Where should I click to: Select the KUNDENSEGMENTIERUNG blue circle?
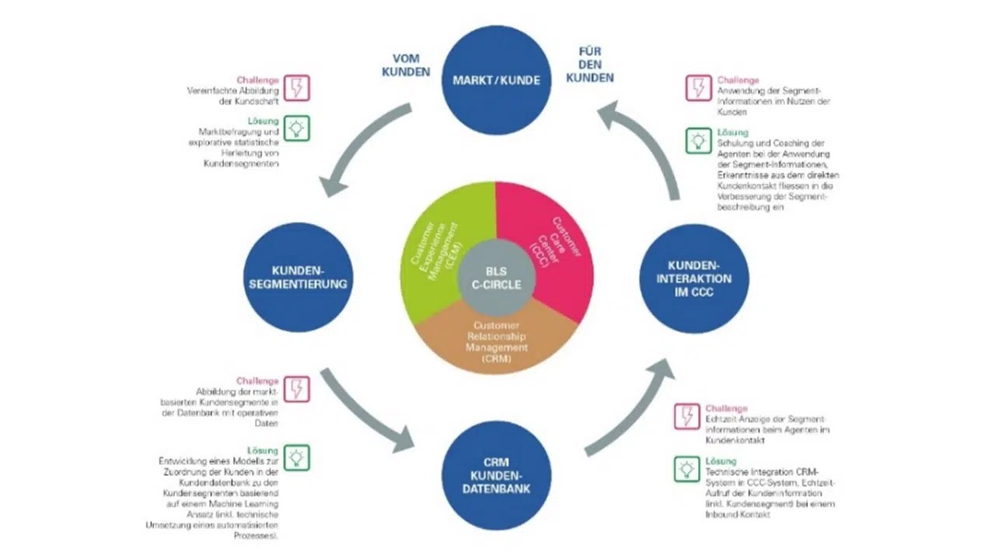298,277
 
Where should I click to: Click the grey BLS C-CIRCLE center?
496,278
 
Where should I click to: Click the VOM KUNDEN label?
410,65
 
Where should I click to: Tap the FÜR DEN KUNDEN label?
589,65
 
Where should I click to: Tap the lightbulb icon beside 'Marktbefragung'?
296,128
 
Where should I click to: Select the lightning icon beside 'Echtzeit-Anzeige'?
687,416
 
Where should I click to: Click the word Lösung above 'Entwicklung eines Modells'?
263,450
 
